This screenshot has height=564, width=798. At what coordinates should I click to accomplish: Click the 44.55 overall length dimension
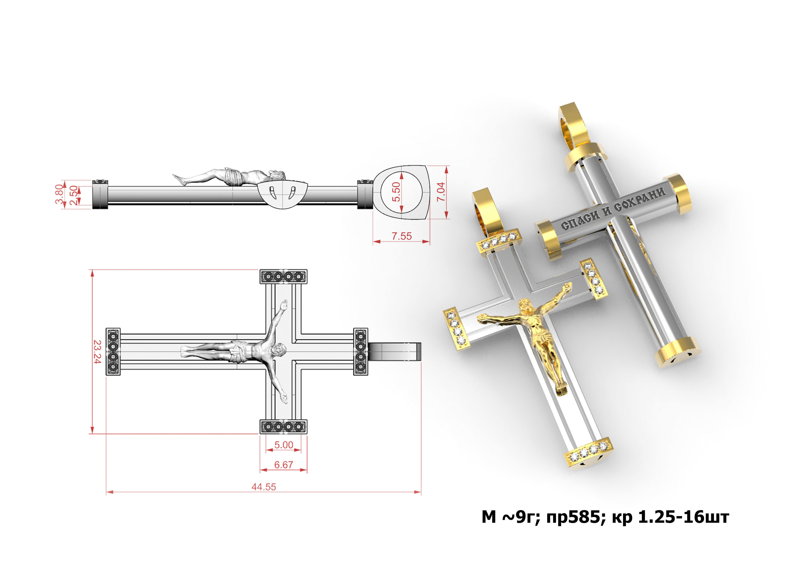pos(263,487)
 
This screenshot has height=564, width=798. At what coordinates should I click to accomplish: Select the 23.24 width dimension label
pos(97,352)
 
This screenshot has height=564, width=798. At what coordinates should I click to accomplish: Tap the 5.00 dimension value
pos(284,445)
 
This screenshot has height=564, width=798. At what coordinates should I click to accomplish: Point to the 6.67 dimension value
pos(284,465)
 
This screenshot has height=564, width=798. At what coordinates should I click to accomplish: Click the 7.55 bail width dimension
pos(402,236)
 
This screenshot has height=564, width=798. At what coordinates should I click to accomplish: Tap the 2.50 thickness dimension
pos(73,195)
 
